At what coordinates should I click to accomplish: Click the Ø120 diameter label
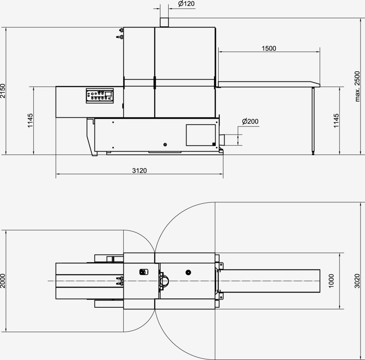tap(186, 4)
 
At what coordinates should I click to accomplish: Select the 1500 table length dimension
tap(269, 48)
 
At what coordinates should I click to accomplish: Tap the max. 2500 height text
tap(357, 86)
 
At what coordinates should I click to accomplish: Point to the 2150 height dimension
tap(2, 91)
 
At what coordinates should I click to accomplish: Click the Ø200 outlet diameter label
tap(250, 121)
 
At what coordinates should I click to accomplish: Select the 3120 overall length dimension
tap(140, 171)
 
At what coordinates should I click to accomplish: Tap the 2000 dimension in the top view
tap(2, 281)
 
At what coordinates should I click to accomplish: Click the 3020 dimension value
tap(357, 281)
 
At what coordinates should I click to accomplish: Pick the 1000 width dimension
tap(331, 281)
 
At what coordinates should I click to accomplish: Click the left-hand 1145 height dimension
tap(30, 120)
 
